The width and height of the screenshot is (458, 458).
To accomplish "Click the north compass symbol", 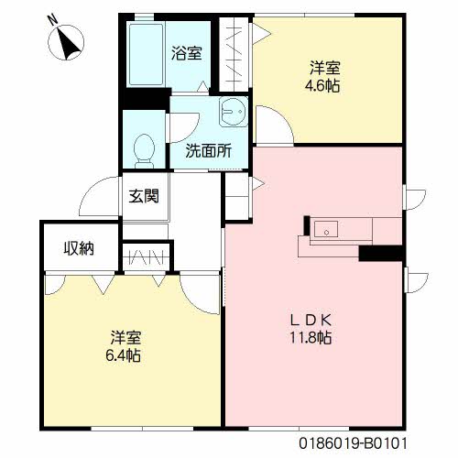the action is (x=66, y=42).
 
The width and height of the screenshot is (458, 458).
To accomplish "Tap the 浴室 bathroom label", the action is (x=186, y=53).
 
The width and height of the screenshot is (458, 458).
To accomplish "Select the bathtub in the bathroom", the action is (x=146, y=54).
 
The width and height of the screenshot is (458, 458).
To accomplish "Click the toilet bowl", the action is (x=144, y=151).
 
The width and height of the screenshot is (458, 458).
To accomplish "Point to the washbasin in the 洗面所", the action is (x=234, y=112).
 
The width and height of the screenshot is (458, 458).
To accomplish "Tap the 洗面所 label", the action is (x=209, y=150).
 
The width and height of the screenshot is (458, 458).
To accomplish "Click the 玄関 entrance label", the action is (x=144, y=196).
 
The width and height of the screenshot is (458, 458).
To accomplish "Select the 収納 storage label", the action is (x=79, y=248).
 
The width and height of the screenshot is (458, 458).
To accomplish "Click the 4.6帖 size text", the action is (x=322, y=86).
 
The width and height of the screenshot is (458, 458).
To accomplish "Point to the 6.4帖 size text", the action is (x=123, y=355).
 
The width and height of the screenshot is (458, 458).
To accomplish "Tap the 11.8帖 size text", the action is (x=311, y=338).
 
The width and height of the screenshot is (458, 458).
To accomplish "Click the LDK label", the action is (x=311, y=321).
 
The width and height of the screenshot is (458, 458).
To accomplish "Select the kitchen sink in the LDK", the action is (x=326, y=229).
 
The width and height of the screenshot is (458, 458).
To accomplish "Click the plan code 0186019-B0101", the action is (x=353, y=443).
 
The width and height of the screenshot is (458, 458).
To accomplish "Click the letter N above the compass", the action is (x=53, y=20).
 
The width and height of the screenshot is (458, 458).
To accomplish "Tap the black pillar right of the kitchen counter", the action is (x=381, y=253).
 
